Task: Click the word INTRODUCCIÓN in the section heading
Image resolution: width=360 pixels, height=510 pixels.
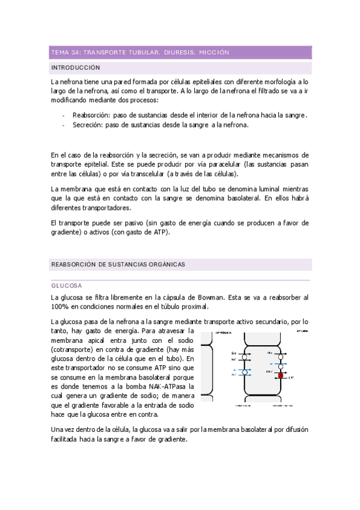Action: [x=75, y=67]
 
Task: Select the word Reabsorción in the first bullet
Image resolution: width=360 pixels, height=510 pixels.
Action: [x=90, y=115]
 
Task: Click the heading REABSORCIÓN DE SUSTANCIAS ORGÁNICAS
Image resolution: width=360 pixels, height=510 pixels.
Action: [x=118, y=264]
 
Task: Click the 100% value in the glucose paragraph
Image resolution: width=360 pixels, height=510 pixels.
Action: [x=61, y=307]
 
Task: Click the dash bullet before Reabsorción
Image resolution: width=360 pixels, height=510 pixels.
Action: [x=64, y=115]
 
